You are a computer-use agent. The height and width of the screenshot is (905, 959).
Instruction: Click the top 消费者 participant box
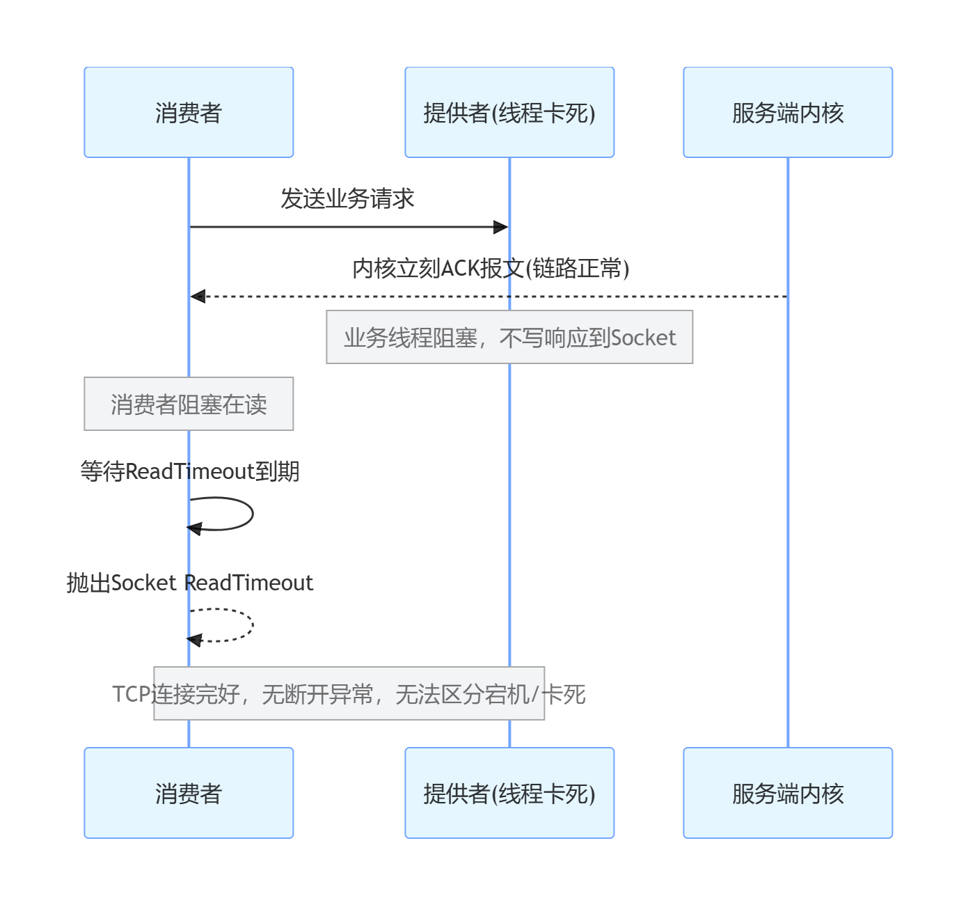tap(189, 112)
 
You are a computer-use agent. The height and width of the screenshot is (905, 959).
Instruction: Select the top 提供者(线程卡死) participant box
tap(509, 112)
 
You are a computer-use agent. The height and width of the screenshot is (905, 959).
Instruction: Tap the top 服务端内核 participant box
tap(788, 112)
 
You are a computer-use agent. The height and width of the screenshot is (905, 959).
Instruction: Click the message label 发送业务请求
tap(347, 198)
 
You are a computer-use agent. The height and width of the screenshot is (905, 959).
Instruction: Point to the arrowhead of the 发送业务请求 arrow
tap(501, 227)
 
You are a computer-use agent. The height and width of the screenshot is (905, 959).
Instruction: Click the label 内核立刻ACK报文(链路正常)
tap(491, 269)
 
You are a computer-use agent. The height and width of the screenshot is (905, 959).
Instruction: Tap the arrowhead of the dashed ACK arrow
tap(198, 296)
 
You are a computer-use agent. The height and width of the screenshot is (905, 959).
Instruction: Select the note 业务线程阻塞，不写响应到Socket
tap(509, 337)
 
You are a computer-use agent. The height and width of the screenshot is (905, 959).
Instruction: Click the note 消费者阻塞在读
tap(189, 404)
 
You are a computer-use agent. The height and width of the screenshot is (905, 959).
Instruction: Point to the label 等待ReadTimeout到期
tap(190, 471)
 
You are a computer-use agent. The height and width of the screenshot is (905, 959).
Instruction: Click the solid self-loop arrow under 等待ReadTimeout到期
tap(253, 514)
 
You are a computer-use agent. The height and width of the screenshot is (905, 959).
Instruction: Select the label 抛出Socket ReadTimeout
tap(190, 583)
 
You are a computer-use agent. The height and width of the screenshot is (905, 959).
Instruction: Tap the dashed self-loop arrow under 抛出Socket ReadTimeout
tap(253, 624)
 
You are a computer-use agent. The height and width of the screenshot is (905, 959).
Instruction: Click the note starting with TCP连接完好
tap(349, 693)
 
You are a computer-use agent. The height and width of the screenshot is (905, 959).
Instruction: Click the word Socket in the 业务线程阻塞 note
tap(643, 338)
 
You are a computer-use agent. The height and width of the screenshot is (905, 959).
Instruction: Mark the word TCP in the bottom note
tap(132, 694)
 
